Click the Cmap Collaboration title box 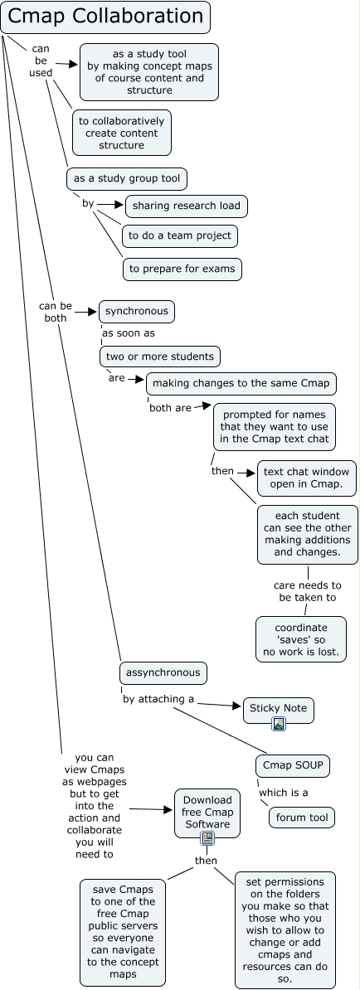(x=105, y=17)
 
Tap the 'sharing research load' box (x=187, y=206)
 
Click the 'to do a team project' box (x=179, y=235)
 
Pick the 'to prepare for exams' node (x=182, y=268)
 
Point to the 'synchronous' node (x=137, y=312)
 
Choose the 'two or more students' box (x=160, y=357)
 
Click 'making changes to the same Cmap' (x=241, y=383)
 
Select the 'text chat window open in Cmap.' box (x=308, y=478)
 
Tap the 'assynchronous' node (x=162, y=672)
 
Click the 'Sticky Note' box (x=279, y=708)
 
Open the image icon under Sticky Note (x=279, y=724)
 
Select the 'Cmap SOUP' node (x=293, y=765)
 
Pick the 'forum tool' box (x=301, y=818)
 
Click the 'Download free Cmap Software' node (x=207, y=812)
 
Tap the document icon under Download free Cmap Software (x=207, y=838)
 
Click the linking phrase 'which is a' (x=284, y=793)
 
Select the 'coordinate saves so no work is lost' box (x=300, y=639)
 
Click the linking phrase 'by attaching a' (x=158, y=699)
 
